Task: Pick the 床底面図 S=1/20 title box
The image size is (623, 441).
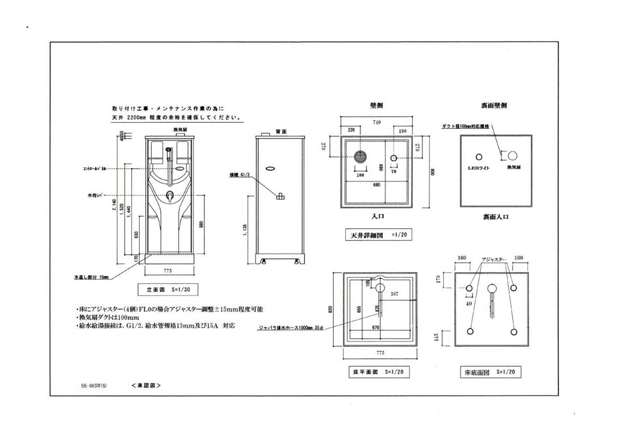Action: point(490,372)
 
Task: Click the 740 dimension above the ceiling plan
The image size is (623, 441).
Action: point(377,122)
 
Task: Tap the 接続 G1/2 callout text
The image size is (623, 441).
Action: point(240,175)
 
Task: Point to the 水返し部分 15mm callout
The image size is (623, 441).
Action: point(91,277)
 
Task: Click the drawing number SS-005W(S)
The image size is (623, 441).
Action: point(94,386)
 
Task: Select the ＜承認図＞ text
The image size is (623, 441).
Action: point(146,386)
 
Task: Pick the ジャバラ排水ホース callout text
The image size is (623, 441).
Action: point(293,328)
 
